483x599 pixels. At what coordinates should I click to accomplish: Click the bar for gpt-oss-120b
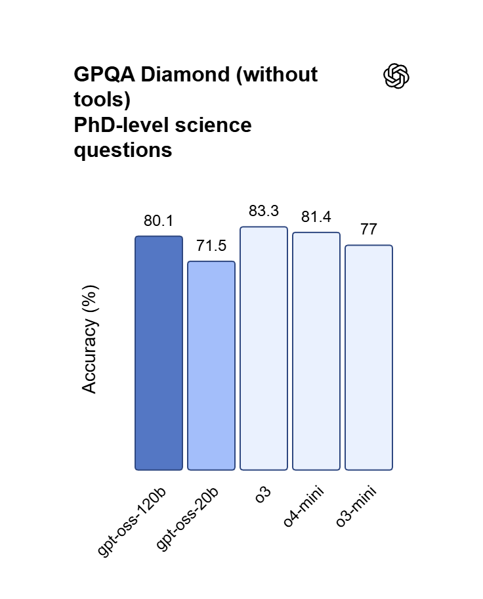click(159, 353)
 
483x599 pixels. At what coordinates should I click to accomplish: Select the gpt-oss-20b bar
click(211, 366)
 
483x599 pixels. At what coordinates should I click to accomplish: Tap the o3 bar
click(264, 349)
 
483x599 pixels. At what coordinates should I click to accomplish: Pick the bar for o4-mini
click(316, 351)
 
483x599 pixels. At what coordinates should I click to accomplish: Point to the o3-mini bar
click(369, 358)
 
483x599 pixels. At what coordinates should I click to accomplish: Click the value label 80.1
click(159, 221)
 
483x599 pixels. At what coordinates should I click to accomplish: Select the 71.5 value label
click(211, 246)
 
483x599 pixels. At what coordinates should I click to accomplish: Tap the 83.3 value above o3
click(264, 211)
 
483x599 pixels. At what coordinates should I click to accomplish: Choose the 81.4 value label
click(316, 217)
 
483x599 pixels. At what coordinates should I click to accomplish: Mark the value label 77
click(369, 230)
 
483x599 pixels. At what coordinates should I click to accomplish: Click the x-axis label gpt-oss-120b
click(132, 523)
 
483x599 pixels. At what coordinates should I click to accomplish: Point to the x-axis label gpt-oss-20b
click(188, 520)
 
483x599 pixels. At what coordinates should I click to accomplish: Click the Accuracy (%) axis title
click(90, 339)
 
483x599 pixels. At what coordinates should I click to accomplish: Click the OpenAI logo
click(396, 76)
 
